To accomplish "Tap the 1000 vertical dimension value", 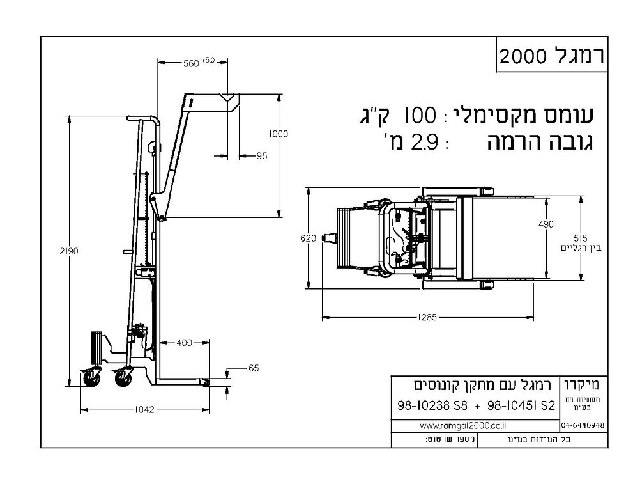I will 279,134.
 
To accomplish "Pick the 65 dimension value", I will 254,369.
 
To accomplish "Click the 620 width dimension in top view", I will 308,238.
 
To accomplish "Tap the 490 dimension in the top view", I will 546,224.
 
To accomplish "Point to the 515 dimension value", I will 580,236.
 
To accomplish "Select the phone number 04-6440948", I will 583,425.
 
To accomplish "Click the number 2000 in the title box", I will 523,56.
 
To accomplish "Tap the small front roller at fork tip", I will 205,382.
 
